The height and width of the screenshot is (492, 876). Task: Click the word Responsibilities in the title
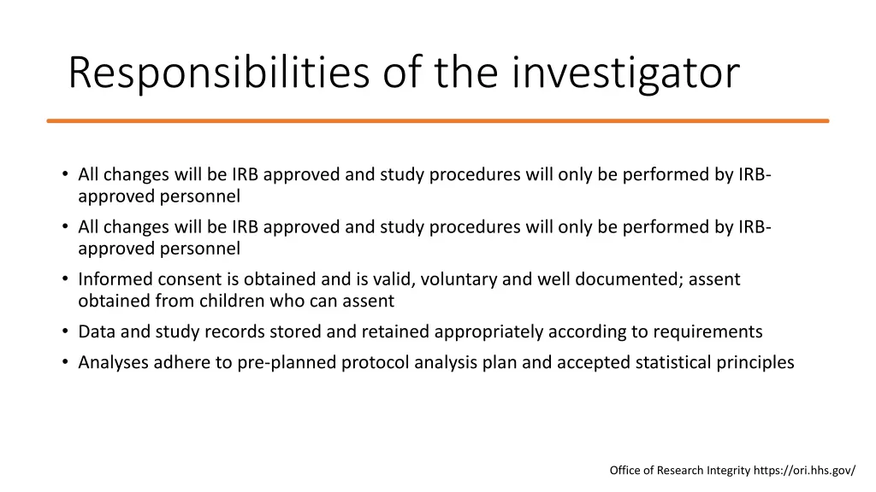click(x=218, y=73)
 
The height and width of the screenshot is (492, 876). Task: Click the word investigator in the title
click(x=626, y=73)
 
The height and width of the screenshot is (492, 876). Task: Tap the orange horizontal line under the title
click(x=438, y=121)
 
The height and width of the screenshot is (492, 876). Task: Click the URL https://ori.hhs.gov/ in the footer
click(x=804, y=470)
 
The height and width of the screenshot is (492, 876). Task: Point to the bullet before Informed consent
click(x=65, y=279)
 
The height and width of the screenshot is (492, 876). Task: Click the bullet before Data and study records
click(x=65, y=331)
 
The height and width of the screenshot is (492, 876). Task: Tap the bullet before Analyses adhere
click(x=65, y=362)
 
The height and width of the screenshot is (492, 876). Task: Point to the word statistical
click(x=674, y=362)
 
